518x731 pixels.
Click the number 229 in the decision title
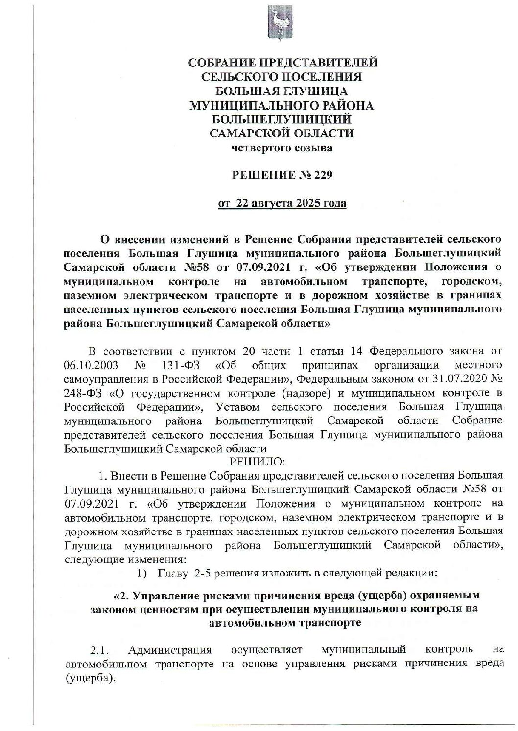(x=321, y=175)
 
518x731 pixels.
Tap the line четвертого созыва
(x=282, y=148)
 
